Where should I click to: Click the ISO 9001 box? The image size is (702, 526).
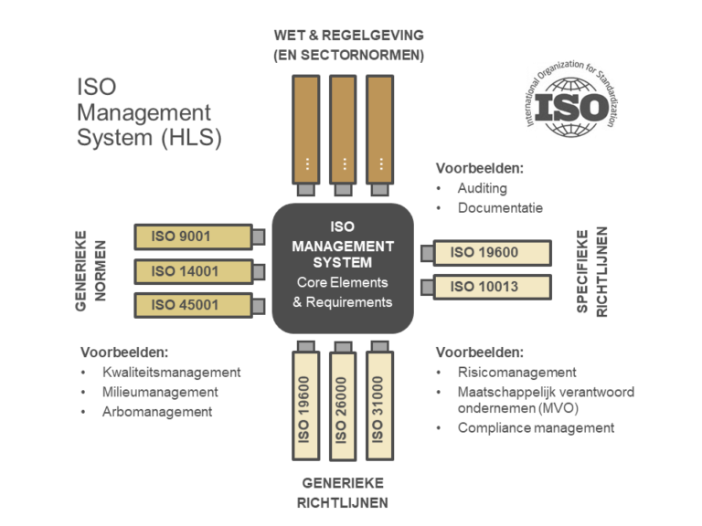point(193,237)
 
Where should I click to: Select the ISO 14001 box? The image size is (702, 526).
point(193,271)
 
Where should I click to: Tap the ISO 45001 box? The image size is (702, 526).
point(193,305)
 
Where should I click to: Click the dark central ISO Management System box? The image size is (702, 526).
point(343,268)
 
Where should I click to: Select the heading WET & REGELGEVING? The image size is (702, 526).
point(348,36)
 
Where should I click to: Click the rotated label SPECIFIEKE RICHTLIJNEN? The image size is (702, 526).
point(591,272)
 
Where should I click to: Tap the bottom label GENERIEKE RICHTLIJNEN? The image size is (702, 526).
point(342,492)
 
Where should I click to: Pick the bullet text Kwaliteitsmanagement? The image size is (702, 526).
point(172,372)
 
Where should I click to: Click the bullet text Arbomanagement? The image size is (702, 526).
point(157,411)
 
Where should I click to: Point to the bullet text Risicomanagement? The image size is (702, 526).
point(516,372)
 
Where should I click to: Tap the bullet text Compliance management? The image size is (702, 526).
point(536,427)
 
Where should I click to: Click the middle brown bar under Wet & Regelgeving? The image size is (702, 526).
point(343,128)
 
